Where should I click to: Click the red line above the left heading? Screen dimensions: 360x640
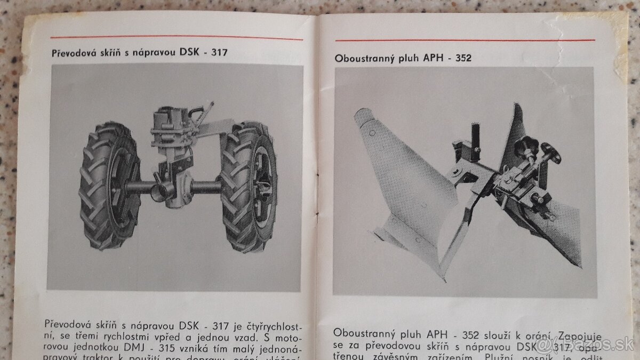(176, 38)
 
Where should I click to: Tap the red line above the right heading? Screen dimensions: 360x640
(464, 40)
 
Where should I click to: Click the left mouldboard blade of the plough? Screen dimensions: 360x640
(405, 181)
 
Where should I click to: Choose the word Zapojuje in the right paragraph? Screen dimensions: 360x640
(579, 337)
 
